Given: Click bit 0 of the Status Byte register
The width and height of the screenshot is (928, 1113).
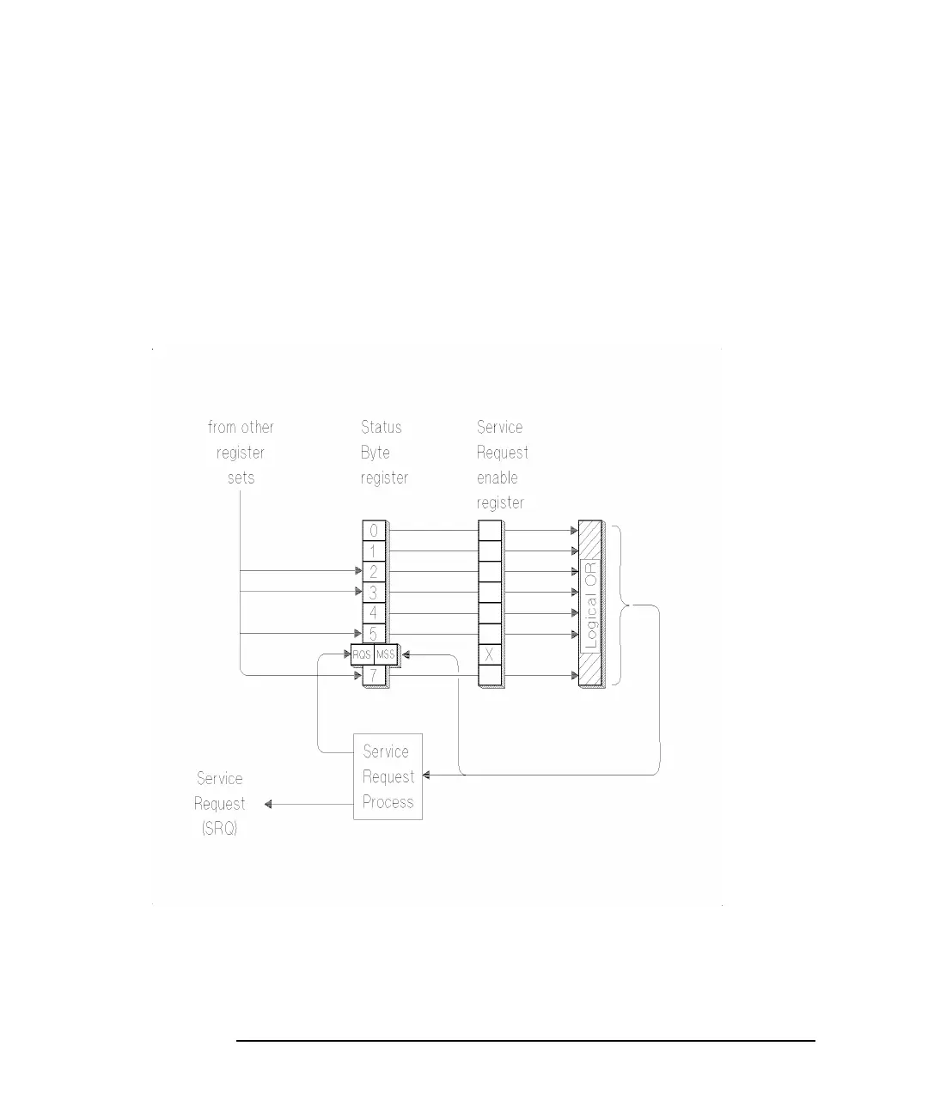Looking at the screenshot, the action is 374,531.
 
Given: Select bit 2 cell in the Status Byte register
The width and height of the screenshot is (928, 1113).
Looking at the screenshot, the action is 374,572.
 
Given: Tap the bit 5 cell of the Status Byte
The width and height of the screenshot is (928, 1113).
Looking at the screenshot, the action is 374,635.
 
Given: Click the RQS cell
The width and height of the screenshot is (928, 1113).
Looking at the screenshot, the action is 363,655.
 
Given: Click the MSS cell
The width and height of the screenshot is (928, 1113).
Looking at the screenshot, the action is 386,655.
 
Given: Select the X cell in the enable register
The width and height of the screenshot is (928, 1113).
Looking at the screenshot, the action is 490,655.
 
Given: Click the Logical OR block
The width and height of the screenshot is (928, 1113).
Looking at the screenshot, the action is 590,604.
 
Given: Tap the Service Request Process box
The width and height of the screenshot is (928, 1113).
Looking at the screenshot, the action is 388,776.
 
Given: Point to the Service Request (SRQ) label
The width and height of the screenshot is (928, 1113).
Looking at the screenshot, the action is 220,804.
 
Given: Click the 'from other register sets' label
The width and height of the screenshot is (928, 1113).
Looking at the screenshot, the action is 241,453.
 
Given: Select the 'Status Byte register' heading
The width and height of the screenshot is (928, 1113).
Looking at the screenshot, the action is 383,453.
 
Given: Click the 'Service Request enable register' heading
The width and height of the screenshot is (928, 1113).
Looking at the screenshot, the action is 502,465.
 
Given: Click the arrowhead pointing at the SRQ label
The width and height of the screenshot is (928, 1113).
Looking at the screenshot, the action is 268,805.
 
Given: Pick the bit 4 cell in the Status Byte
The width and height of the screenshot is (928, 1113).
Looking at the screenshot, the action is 374,613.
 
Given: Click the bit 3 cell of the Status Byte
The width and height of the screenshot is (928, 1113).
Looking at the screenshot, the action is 374,593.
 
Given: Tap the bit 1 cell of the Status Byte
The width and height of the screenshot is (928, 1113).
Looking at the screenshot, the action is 374,551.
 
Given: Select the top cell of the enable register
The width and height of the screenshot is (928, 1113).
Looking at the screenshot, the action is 490,531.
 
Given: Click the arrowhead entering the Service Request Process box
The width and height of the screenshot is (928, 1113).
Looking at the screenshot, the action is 427,775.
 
